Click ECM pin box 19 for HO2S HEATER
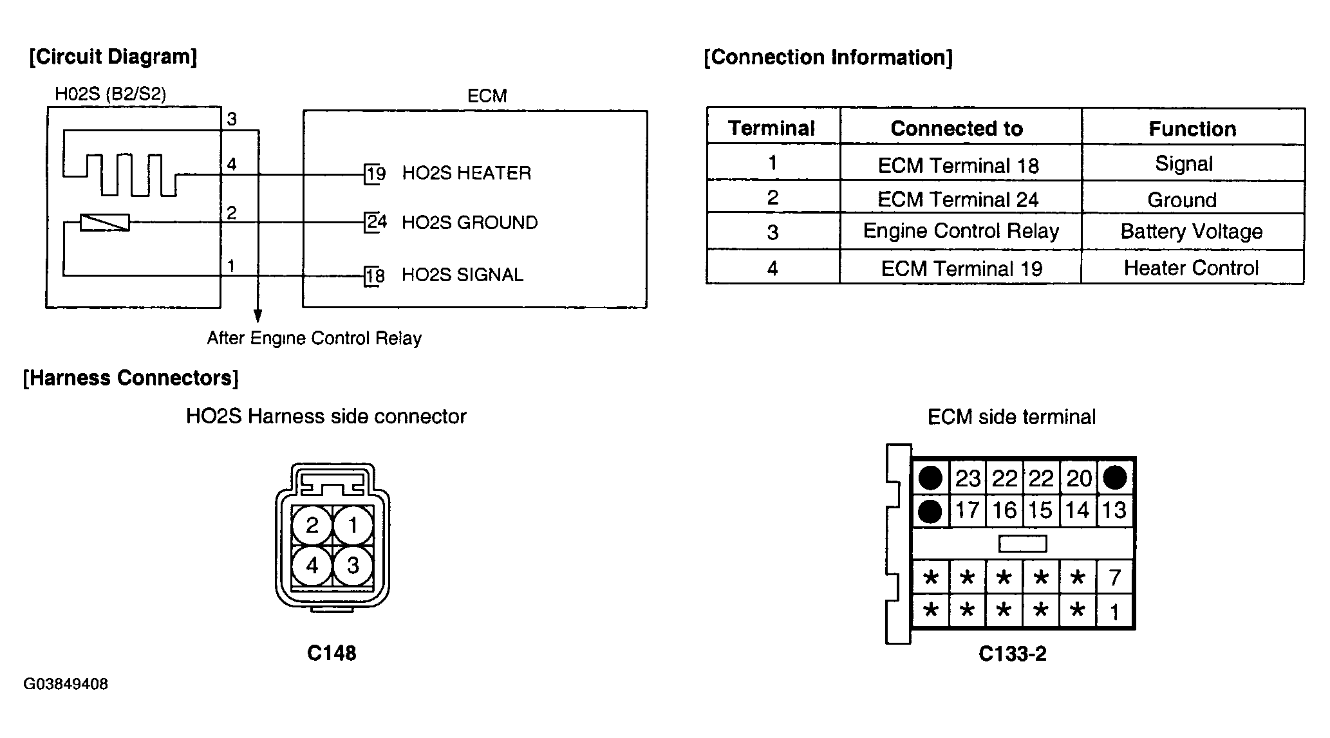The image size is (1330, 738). (x=375, y=174)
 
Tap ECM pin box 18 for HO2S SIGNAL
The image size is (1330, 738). (x=375, y=276)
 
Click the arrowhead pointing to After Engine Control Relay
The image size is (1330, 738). (x=258, y=315)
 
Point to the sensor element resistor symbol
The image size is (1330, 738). (x=104, y=223)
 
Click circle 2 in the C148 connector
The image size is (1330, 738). (x=312, y=526)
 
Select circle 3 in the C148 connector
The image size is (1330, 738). (x=353, y=566)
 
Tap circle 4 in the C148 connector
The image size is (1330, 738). (x=312, y=566)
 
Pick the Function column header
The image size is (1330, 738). (x=1192, y=129)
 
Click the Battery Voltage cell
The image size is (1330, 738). (x=1192, y=232)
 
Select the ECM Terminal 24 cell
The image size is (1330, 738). (x=959, y=199)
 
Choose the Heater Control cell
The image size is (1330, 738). (x=1191, y=268)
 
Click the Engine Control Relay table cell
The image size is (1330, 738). (x=961, y=231)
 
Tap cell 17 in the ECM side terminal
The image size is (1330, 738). (x=967, y=511)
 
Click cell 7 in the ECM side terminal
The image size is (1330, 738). (x=1115, y=578)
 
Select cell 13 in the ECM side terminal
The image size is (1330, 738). (x=1114, y=511)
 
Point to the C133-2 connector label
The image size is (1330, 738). (x=1013, y=654)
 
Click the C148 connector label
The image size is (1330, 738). (x=332, y=653)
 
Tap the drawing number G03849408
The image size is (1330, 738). (x=66, y=684)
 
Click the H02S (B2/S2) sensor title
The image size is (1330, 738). (x=111, y=95)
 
